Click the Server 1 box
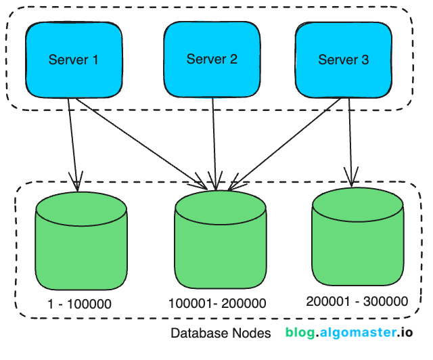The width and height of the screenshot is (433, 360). tap(73, 60)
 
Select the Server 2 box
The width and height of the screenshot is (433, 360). tap(212, 60)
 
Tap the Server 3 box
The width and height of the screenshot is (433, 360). tap(344, 60)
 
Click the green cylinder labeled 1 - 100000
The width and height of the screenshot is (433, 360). tap(81, 244)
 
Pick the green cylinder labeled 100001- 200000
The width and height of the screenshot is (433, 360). tap(219, 244)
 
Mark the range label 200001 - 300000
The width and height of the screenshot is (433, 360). tap(357, 300)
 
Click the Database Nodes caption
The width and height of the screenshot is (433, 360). tap(221, 334)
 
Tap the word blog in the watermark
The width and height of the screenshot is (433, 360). tap(299, 333)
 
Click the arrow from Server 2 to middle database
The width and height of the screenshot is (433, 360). tap(214, 142)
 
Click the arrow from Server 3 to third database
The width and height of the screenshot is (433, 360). tap(350, 142)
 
